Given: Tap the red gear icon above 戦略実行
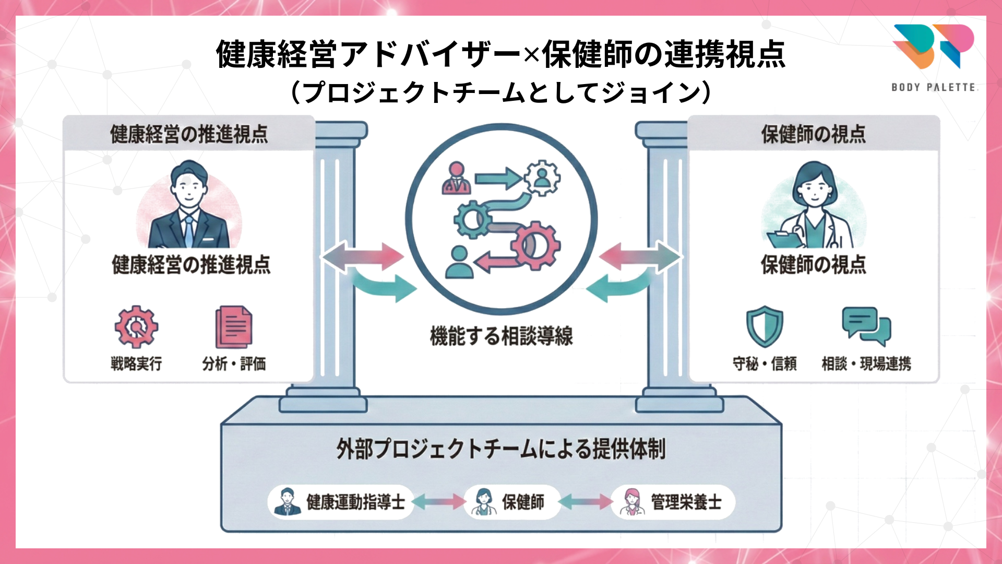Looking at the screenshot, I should (x=136, y=327).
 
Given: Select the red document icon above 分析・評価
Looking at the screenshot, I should (x=234, y=327).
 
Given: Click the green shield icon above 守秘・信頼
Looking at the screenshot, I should (x=765, y=326).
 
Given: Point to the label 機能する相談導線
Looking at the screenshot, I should (x=501, y=336).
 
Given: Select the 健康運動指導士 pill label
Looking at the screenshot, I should (x=340, y=502).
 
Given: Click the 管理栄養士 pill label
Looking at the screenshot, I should (x=673, y=502).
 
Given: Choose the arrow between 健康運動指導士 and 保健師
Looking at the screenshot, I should (x=438, y=502).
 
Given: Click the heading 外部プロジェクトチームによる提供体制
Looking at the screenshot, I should (x=501, y=449).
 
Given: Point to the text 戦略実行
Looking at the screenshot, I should (x=136, y=363).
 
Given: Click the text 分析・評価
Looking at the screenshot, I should (x=234, y=363).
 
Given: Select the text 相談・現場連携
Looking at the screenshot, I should (x=866, y=363).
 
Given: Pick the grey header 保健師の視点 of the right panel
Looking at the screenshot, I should (x=813, y=134).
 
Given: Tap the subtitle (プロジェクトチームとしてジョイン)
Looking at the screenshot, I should (x=501, y=92).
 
